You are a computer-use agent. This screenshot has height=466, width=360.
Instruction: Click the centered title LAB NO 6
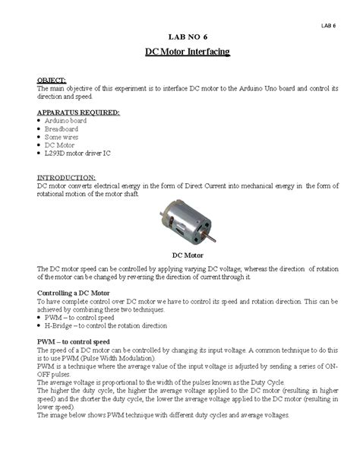pos(186,37)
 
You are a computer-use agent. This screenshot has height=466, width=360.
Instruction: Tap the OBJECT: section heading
pos(52,80)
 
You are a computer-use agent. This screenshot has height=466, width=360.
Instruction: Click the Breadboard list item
pos(62,128)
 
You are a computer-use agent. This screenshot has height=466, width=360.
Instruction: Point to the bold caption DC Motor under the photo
pos(187,255)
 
